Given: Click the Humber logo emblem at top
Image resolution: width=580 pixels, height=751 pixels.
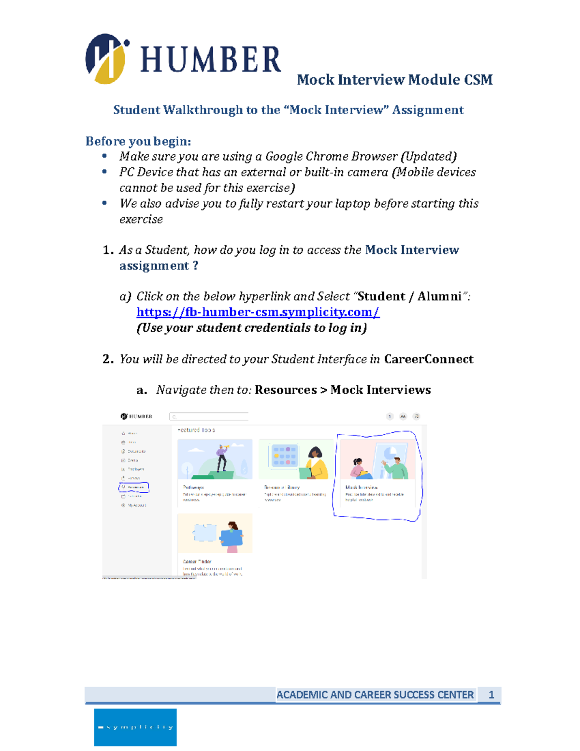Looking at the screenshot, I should [106, 59].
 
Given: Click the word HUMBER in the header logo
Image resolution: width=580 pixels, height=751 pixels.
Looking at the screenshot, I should [210, 60].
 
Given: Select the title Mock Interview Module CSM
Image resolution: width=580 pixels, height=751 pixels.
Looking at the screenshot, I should [394, 80].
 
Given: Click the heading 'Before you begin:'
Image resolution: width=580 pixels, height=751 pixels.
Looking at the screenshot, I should [138, 141].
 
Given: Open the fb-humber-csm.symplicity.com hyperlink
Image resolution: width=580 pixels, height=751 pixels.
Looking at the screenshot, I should [258, 312].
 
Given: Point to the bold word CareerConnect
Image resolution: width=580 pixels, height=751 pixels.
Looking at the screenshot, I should [428, 359].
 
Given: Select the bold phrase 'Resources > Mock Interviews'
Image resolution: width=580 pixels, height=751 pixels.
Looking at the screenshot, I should [342, 390].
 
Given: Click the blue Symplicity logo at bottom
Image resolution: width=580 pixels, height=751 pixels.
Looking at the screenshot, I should [135, 727].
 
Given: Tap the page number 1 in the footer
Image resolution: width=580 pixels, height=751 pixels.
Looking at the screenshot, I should [491, 695].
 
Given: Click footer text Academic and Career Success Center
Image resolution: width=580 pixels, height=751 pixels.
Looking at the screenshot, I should [375, 695].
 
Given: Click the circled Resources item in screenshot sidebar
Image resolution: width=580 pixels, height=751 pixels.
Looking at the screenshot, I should [134, 487].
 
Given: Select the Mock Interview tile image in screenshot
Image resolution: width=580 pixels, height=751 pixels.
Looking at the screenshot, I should [377, 459].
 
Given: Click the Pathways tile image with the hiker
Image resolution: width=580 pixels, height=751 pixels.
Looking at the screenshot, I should [215, 459].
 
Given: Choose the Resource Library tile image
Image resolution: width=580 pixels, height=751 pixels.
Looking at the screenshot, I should [296, 459].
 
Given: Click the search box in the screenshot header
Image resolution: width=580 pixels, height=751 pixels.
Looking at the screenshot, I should [209, 416].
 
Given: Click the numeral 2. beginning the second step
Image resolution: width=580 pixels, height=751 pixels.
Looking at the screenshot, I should [108, 359].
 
